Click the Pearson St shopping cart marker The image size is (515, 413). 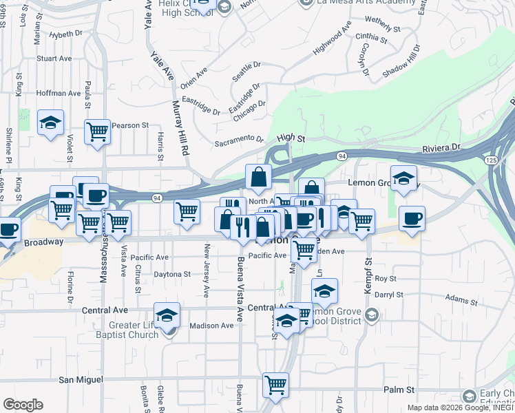click(97, 131)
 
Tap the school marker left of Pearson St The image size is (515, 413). click(50, 124)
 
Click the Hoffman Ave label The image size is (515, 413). click(59, 93)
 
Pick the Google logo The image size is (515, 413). click(23, 405)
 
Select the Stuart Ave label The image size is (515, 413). click(54, 59)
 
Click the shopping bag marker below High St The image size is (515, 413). click(258, 178)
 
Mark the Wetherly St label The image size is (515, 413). click(383, 25)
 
